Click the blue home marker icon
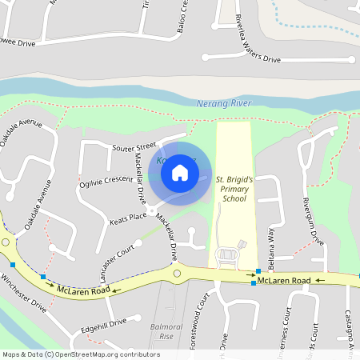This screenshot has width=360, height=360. coord(180,173)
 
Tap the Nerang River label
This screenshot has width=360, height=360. coord(224,104)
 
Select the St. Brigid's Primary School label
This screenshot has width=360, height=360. coord(235,189)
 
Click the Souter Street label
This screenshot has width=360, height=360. coord(134,147)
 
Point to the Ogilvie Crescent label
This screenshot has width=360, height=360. coord(106,181)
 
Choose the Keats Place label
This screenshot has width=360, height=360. coord(128,216)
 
